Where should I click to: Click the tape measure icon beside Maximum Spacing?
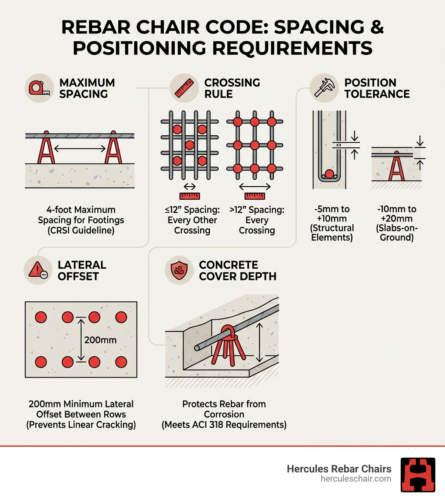coord(39,88)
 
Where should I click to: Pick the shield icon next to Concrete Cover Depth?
coord(179,270)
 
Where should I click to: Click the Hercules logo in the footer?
coord(418,475)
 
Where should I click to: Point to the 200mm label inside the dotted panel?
coord(100,340)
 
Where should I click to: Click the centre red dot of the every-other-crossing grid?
coord(189,144)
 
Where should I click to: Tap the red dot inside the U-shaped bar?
coord(330,174)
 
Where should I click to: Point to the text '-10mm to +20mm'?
coord(396,214)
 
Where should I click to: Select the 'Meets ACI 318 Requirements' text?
coord(224,425)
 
